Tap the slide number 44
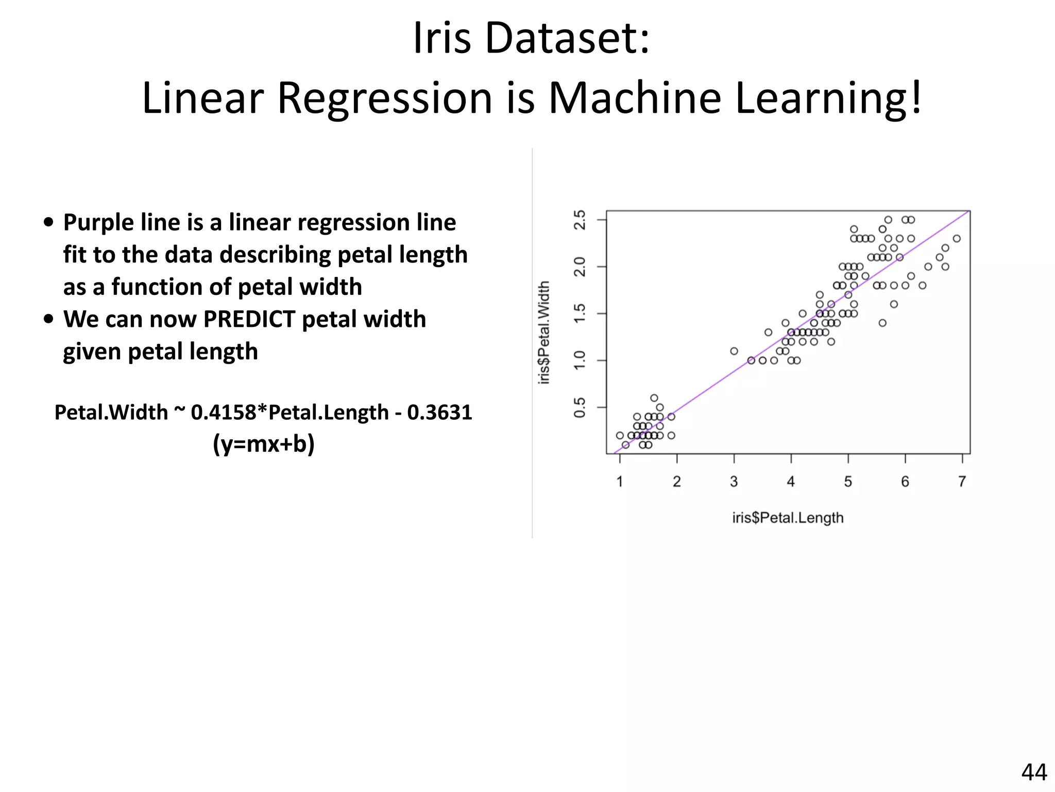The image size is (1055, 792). [x=1033, y=772]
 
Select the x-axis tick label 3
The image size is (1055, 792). [x=734, y=482]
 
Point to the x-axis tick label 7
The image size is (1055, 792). [x=962, y=482]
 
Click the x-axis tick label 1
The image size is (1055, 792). [x=620, y=482]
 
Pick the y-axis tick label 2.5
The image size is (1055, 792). [x=580, y=220]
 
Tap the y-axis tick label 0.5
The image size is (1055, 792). [x=580, y=407]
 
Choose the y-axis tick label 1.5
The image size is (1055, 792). [x=580, y=313]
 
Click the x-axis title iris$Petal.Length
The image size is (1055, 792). [x=788, y=518]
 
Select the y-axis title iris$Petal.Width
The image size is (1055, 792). [x=544, y=333]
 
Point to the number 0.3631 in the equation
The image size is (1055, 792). [x=439, y=412]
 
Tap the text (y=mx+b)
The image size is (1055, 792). [x=263, y=444]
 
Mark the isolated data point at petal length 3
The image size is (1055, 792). [x=734, y=351]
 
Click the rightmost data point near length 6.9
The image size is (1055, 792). [x=957, y=239]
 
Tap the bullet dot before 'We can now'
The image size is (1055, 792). [x=48, y=319]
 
